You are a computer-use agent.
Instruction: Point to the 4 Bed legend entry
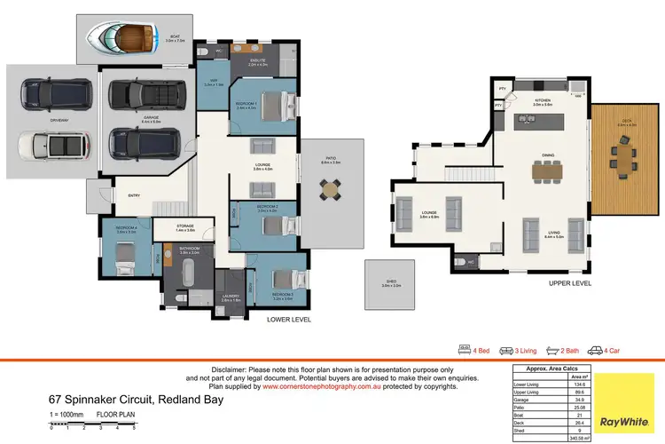click(474, 350)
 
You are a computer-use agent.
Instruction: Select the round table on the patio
click(330, 187)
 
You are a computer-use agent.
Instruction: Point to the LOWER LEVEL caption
click(292, 317)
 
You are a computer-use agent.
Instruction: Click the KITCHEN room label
click(543, 101)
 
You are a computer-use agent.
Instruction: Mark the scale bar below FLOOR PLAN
click(92, 427)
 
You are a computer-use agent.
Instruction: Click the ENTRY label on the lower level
click(134, 196)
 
